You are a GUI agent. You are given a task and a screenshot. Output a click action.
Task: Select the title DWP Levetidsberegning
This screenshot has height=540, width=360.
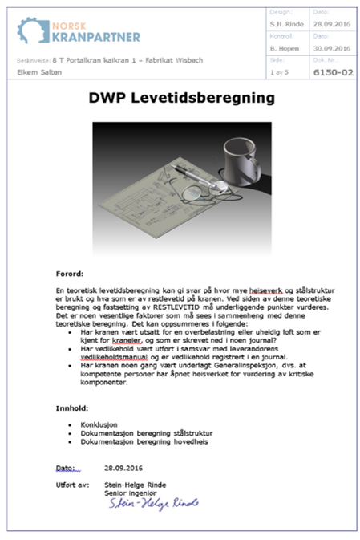tap(180, 99)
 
